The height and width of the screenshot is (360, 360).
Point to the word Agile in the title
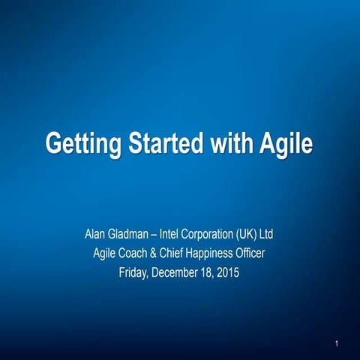click(285, 142)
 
